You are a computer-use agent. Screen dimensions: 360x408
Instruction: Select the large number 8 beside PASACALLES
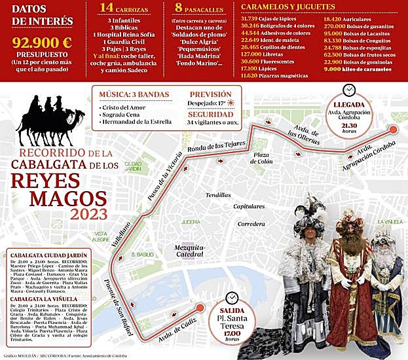(180, 8)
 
